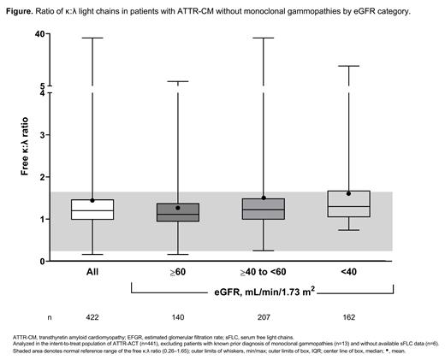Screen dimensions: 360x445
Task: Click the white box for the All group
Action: (x=92, y=210)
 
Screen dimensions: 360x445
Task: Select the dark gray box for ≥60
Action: (x=177, y=212)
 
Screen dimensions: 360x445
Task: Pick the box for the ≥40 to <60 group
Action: (x=263, y=209)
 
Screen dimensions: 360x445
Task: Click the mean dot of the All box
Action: (x=92, y=200)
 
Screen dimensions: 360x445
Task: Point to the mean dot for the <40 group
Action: (x=348, y=193)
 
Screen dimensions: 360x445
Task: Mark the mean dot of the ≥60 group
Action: (x=177, y=208)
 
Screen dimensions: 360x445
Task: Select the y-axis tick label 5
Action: (x=43, y=86)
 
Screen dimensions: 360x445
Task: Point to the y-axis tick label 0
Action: (x=43, y=260)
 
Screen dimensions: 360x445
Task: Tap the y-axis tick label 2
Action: (x=43, y=176)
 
